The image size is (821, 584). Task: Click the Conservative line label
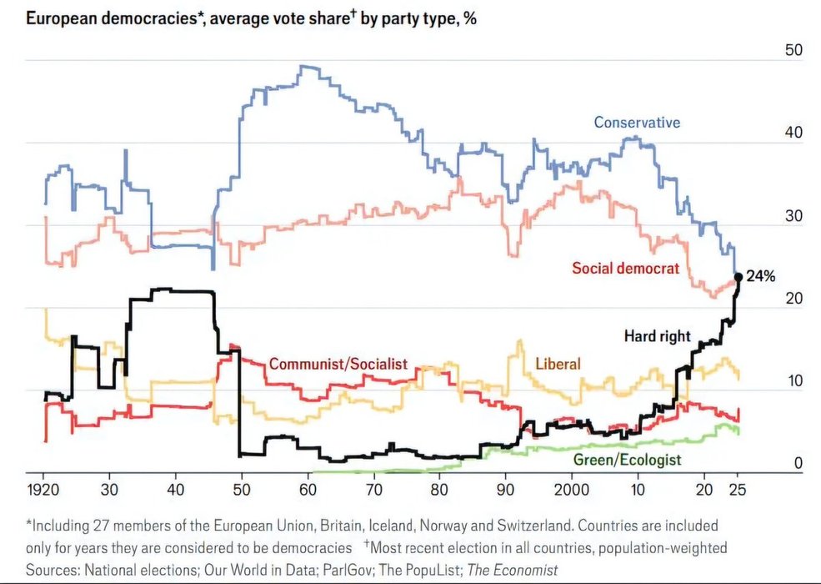(637, 123)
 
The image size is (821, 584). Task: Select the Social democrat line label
(625, 268)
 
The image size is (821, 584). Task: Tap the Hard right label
(658, 336)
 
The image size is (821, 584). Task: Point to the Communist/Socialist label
(338, 364)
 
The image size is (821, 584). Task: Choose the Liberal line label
(558, 364)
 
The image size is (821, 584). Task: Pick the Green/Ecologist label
(628, 460)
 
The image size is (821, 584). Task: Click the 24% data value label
(761, 276)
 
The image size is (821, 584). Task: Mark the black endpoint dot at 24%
(738, 277)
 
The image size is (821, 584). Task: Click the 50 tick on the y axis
(794, 50)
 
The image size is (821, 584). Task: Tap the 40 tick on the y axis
(794, 133)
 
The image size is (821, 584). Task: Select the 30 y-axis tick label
(794, 216)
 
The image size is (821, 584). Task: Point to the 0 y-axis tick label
(798, 464)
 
